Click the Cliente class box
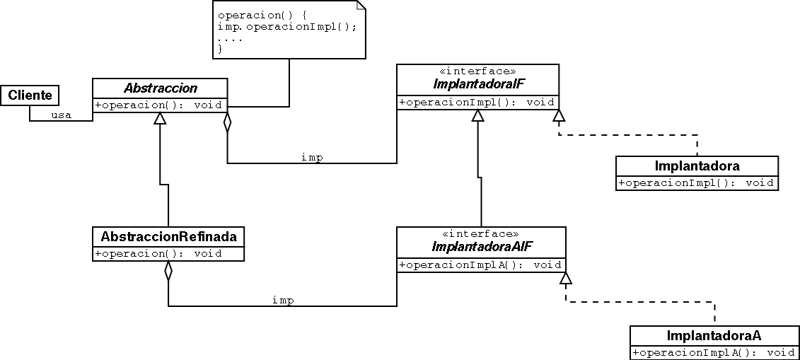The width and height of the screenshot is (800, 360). tap(29, 95)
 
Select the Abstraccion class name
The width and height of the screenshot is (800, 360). tap(160, 88)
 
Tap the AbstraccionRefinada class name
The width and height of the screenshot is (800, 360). tap(168, 236)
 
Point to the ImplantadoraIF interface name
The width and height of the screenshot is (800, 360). tap(477, 85)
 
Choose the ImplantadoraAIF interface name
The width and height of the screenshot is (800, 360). tap(481, 247)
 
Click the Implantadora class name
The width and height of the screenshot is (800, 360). tap(697, 167)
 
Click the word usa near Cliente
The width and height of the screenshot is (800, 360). tap(62, 115)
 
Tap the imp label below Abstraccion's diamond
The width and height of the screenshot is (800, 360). tap(312, 158)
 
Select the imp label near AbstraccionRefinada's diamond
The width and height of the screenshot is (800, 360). tap(283, 301)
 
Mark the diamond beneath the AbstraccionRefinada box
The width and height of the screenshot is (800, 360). tap(168, 272)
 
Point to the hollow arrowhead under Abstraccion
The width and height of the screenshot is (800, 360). tap(161, 118)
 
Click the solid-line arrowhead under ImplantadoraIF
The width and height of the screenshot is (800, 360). tap(478, 115)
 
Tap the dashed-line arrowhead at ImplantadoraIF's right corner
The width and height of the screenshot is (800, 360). tap(559, 115)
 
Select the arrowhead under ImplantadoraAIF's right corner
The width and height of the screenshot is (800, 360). tap(566, 278)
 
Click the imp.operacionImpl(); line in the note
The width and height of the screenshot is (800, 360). tap(287, 26)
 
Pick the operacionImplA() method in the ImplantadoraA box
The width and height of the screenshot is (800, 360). tap(714, 352)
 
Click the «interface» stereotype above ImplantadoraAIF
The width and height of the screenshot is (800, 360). tap(480, 234)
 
